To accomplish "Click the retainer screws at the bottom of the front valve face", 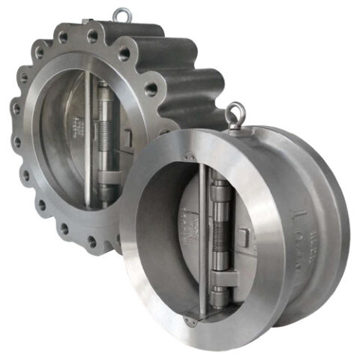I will [193, 322].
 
